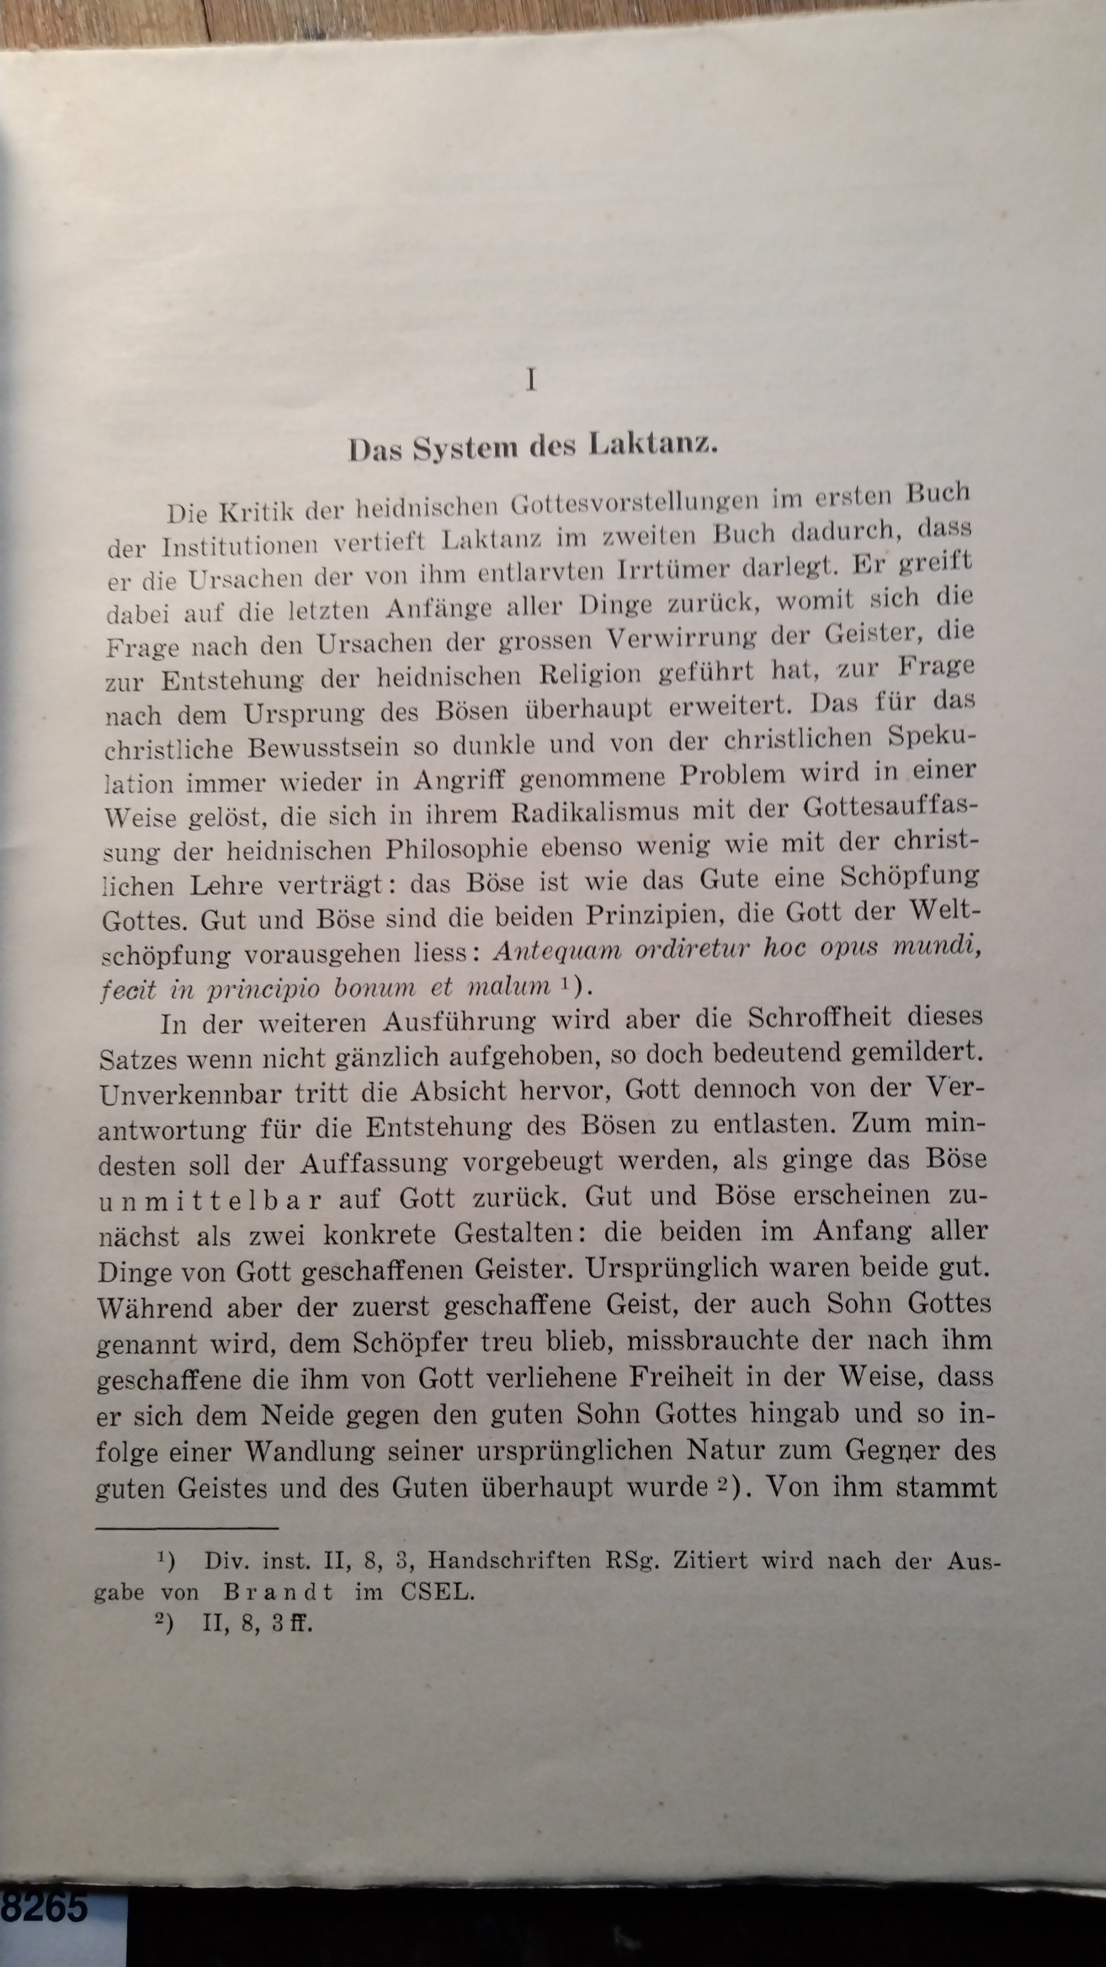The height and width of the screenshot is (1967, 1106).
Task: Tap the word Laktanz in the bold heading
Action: [x=653, y=445]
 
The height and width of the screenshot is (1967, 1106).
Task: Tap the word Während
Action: [x=154, y=1307]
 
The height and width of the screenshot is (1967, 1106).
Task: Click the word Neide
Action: [x=296, y=1414]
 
